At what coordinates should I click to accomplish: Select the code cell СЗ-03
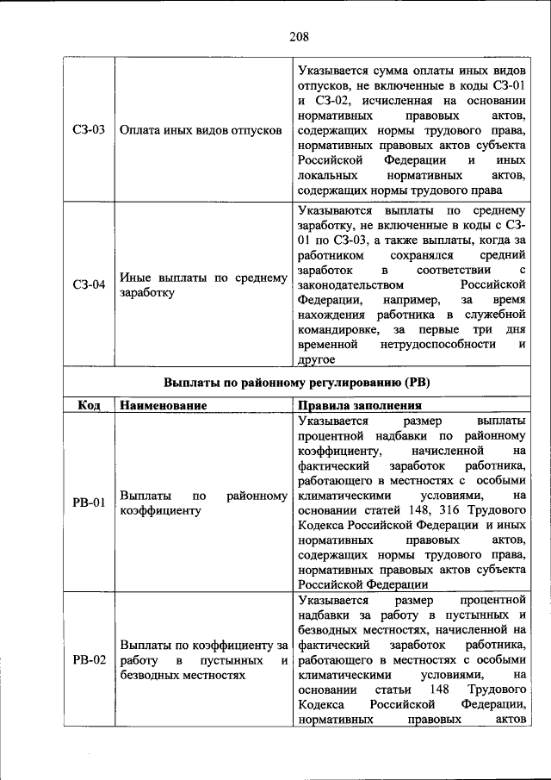[x=89, y=130]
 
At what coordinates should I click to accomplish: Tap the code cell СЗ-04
[x=89, y=284]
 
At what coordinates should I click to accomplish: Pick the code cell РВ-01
[x=89, y=502]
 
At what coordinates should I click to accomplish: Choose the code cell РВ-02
[x=89, y=660]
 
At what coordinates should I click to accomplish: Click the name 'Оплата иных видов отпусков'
[x=201, y=130]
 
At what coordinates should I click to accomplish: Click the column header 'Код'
[x=89, y=404]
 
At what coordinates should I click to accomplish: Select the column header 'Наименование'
[x=163, y=404]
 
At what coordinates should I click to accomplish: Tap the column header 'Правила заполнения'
[x=359, y=404]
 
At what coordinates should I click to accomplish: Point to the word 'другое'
[x=317, y=359]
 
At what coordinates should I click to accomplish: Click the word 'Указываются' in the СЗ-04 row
[x=334, y=210]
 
